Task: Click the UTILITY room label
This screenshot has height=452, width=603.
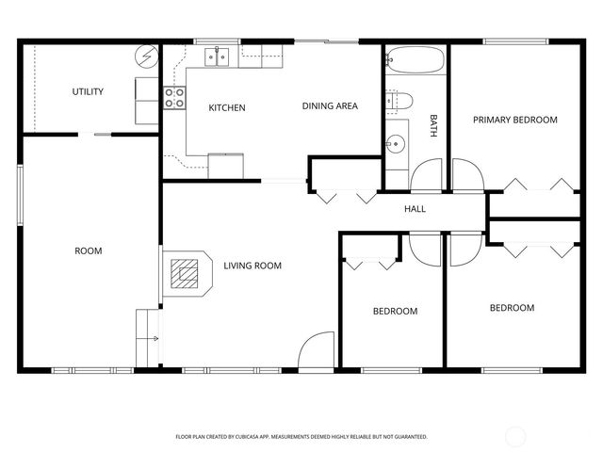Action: [x=88, y=91]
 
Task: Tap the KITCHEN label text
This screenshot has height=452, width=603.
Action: [x=226, y=107]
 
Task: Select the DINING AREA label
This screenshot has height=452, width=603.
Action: [x=330, y=106]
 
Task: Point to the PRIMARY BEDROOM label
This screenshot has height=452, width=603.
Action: [x=514, y=120]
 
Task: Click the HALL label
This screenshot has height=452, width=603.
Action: [x=415, y=209]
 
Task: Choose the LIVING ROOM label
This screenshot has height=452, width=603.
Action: [x=253, y=266]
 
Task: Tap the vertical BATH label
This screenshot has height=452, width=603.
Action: [x=433, y=126]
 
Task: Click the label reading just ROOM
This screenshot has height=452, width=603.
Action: [x=88, y=250]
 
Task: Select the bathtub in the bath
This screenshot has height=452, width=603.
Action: [x=414, y=63]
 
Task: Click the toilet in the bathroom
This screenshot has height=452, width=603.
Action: [x=399, y=100]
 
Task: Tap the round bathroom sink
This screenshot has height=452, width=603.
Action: [x=396, y=144]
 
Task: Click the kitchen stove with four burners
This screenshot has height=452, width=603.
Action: [x=174, y=98]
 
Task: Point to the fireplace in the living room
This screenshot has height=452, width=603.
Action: [x=186, y=274]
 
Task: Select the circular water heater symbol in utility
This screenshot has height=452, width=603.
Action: [x=146, y=57]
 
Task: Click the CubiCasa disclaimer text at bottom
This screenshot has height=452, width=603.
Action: [x=301, y=437]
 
